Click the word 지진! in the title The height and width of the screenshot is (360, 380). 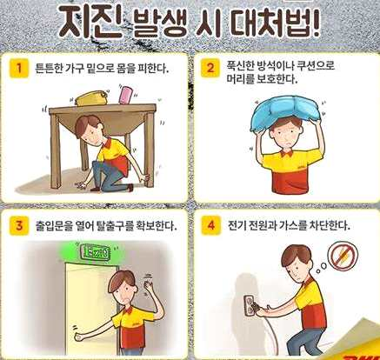[90, 21]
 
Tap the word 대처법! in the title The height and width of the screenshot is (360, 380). [276, 22]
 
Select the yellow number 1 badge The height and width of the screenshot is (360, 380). [19, 69]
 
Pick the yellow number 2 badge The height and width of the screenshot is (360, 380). [210, 69]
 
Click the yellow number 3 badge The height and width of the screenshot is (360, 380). [19, 225]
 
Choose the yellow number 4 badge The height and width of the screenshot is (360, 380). [210, 225]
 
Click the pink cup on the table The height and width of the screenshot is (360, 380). [126, 95]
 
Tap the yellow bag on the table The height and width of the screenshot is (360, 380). [90, 98]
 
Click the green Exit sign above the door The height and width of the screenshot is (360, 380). [96, 252]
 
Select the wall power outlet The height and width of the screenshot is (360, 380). [250, 305]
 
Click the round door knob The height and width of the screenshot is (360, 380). [78, 337]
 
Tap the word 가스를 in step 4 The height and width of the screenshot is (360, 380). [293, 225]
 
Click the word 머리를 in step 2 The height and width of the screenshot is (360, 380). [240, 79]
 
